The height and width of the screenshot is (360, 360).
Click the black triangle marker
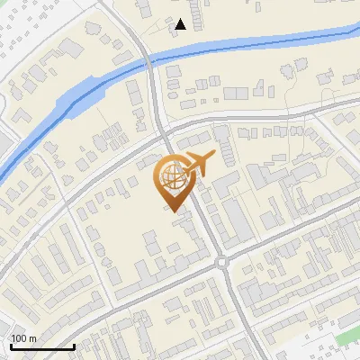[181, 24]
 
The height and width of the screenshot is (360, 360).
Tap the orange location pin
[171, 183]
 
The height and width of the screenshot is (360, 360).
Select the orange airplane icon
[199, 164]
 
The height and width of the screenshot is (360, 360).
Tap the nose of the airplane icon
[212, 156]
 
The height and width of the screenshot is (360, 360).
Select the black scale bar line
[41, 346]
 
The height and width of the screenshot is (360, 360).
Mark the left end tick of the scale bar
[10, 345]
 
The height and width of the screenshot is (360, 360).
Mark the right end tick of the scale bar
[74, 345]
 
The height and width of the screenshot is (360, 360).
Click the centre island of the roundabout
[222, 262]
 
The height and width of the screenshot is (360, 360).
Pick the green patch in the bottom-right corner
[349, 337]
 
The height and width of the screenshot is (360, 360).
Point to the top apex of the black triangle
[181, 19]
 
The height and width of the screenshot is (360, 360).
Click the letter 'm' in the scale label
[31, 338]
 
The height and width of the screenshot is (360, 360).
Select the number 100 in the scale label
[19, 338]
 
